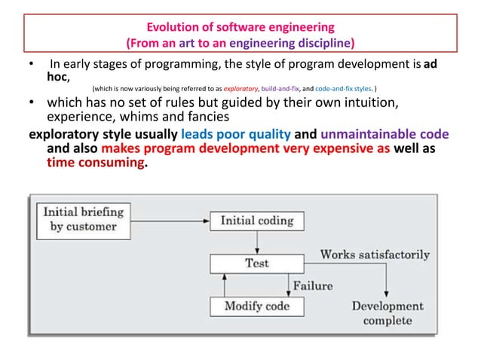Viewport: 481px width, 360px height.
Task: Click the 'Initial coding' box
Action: click(x=257, y=221)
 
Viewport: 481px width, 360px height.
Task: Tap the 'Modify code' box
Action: click(x=256, y=307)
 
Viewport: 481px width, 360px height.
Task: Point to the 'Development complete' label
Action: click(x=388, y=313)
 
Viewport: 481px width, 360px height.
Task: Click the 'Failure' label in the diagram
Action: click(x=312, y=285)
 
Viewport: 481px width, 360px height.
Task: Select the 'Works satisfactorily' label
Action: click(x=375, y=255)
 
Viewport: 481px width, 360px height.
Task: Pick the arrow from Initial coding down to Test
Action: click(x=257, y=243)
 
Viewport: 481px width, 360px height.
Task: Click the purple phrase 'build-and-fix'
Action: click(x=281, y=88)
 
